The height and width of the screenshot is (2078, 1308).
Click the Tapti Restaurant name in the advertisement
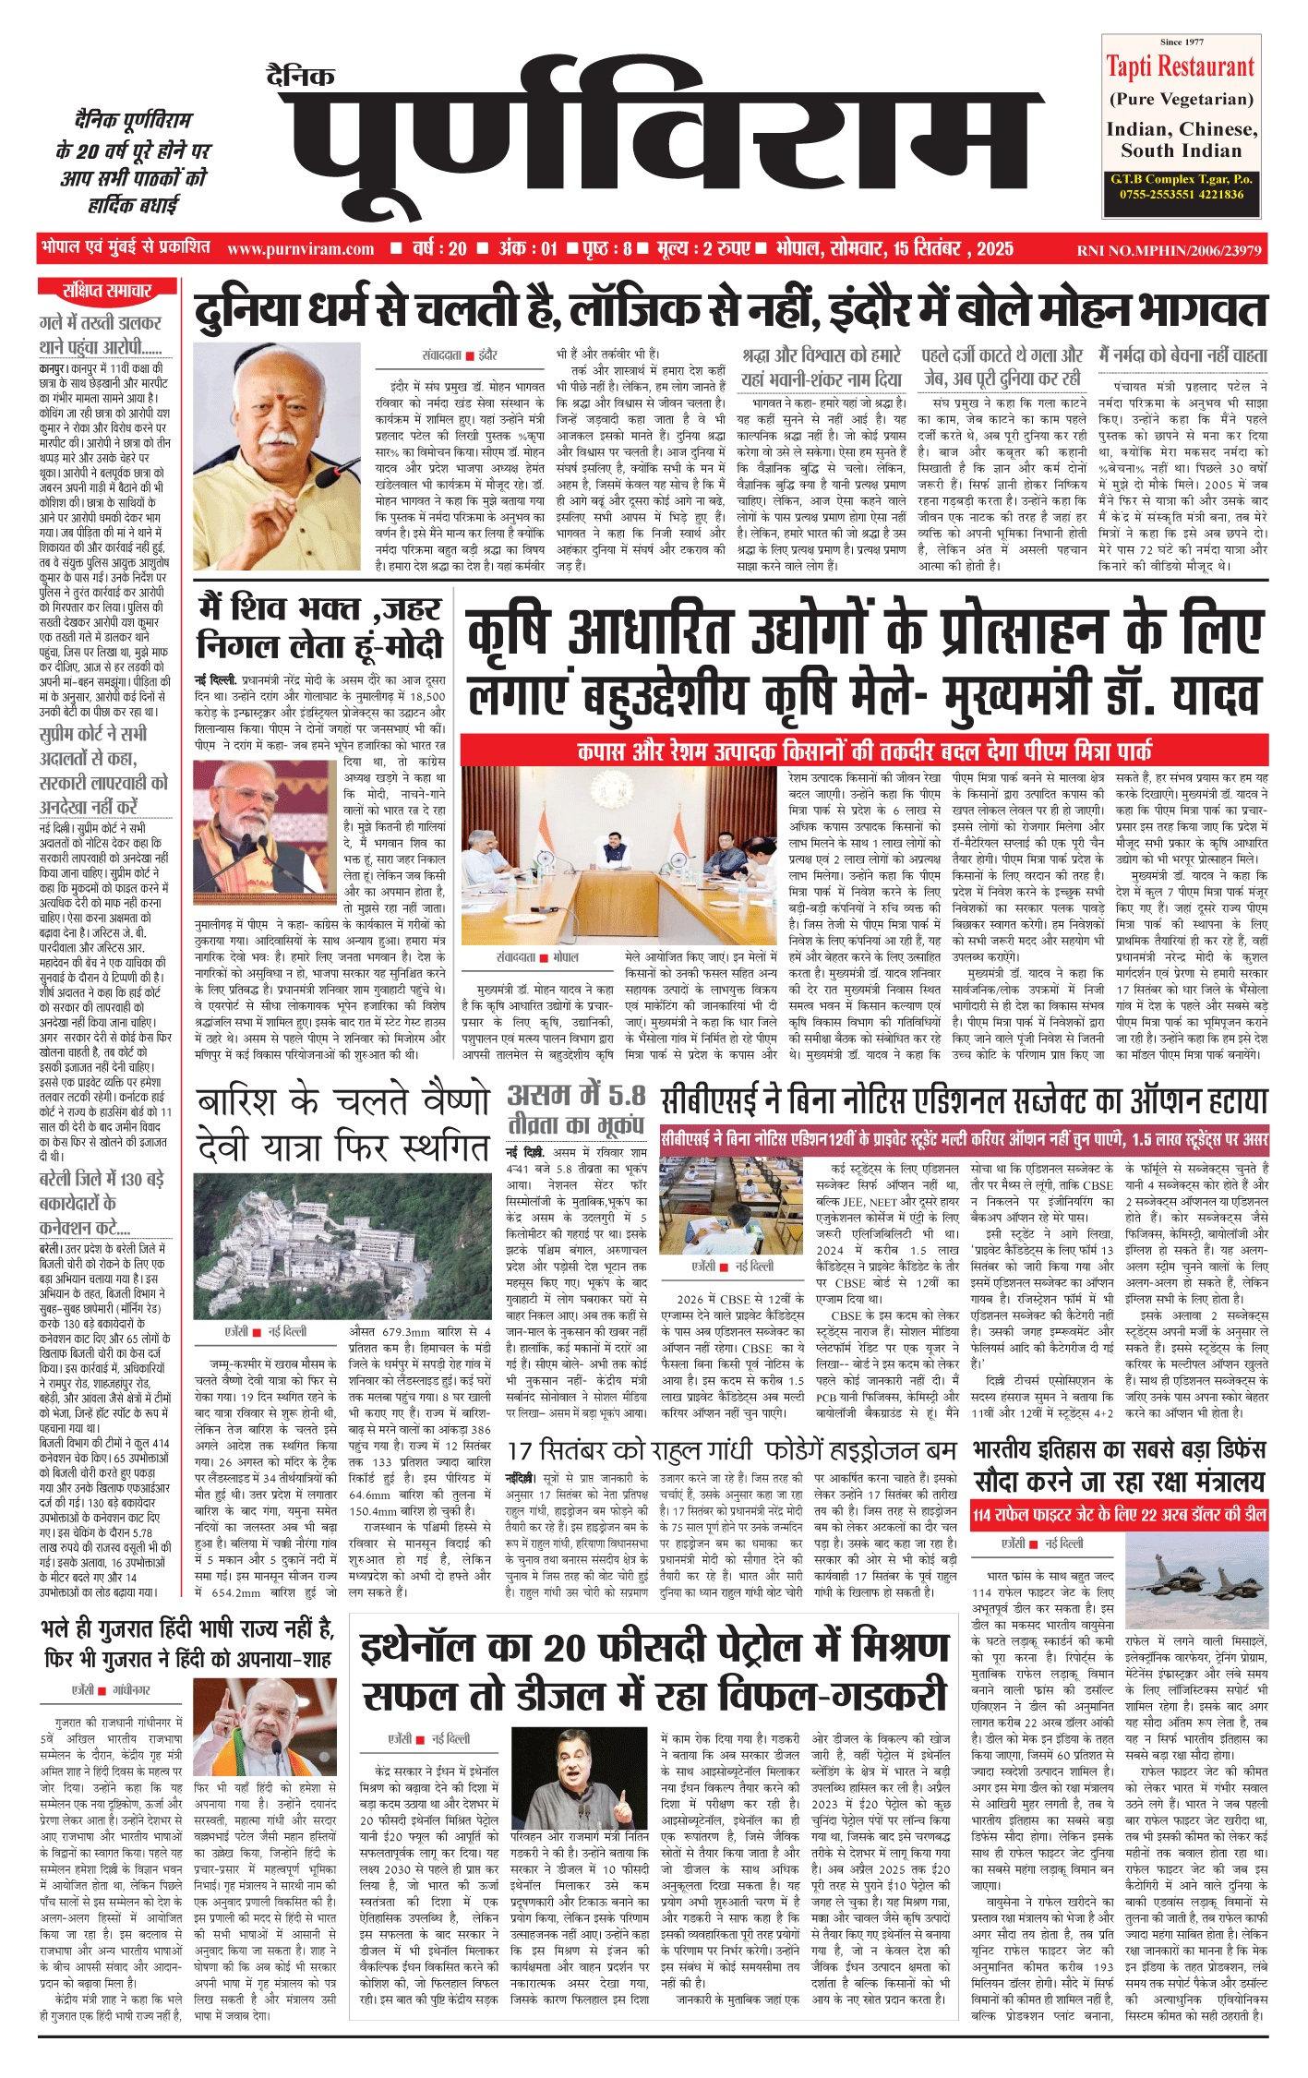1181,66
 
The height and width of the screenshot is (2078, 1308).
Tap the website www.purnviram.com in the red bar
300,249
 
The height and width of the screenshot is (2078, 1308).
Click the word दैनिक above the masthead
301,76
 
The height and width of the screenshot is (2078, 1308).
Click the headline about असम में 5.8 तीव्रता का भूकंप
577,1110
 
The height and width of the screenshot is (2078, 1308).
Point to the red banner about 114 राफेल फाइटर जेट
1119,1515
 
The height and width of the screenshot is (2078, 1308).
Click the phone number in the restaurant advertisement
1182,195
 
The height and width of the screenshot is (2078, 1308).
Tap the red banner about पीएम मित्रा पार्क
863,750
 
